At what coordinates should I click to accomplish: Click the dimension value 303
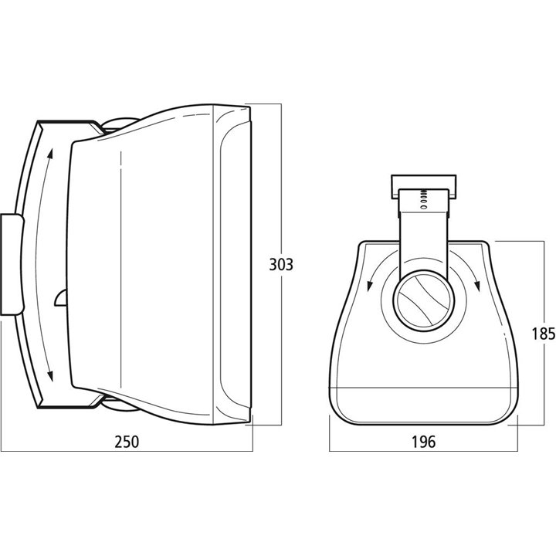[281, 265]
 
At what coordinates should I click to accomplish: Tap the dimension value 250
[127, 442]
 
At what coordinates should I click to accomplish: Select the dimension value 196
[423, 442]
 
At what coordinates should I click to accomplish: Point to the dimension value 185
[543, 334]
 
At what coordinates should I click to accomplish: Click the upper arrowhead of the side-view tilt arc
[50, 154]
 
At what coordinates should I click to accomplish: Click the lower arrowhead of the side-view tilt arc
[50, 375]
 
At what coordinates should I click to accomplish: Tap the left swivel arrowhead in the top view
[370, 286]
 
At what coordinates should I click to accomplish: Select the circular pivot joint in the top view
[423, 300]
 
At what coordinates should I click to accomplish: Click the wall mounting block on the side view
[12, 264]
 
